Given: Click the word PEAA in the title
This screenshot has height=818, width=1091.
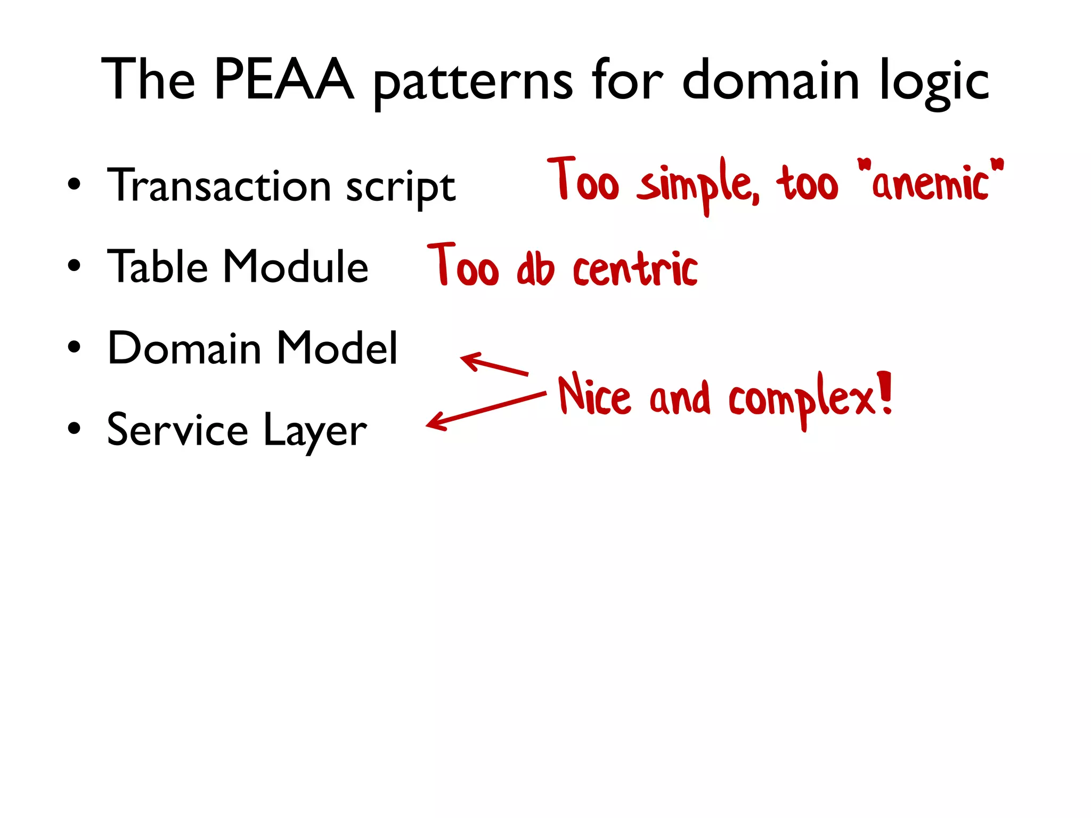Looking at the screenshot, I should pyautogui.click(x=283, y=80).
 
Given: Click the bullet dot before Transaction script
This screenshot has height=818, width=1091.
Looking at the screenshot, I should pyautogui.click(x=74, y=185).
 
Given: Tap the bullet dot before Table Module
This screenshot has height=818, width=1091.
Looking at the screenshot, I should pyautogui.click(x=74, y=265).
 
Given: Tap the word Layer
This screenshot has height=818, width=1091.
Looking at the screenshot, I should pyautogui.click(x=315, y=431).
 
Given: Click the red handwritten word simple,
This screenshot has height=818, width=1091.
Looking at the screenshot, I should pyautogui.click(x=698, y=184).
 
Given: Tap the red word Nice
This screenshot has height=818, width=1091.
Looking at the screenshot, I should pyautogui.click(x=594, y=395).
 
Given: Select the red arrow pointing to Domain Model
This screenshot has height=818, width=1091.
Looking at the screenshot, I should pyautogui.click(x=494, y=364).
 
